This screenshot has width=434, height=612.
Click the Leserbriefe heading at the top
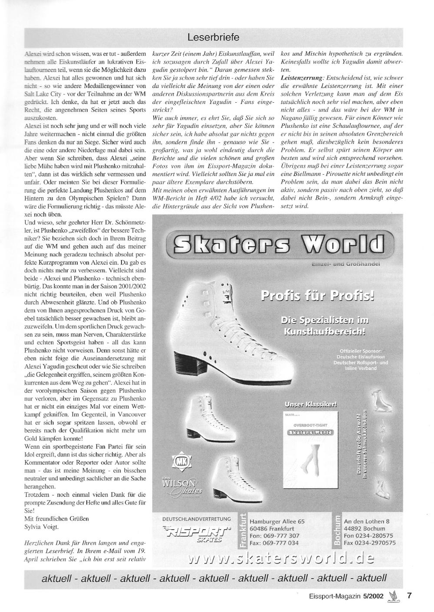pos(213,38)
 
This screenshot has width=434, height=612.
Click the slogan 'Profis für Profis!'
pos(317,296)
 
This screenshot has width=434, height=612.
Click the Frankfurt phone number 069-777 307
pos(274,536)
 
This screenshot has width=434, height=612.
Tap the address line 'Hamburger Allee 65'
pos(277,521)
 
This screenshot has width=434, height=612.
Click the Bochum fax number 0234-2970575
pos(369,543)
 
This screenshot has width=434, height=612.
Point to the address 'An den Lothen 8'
pos(366,521)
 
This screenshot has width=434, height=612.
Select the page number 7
pos(409,596)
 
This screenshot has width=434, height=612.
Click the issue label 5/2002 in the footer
pos(374,596)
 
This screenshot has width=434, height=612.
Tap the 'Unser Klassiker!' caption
pos(310,405)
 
